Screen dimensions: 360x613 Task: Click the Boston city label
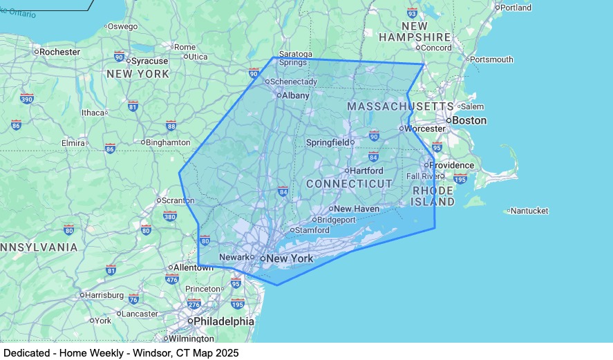point(470,120)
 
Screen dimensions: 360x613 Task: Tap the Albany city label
point(295,95)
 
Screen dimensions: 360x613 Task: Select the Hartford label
point(366,171)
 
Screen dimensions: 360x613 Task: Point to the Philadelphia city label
point(224,321)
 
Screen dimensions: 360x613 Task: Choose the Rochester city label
point(59,52)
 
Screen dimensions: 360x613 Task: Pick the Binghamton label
point(168,142)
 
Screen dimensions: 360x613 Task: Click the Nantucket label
point(530,211)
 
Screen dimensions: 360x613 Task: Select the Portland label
point(516,8)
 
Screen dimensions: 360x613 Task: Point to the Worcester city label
point(425,129)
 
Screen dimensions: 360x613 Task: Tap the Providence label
point(451,165)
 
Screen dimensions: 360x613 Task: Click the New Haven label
point(357,209)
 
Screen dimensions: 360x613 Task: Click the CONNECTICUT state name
point(349,184)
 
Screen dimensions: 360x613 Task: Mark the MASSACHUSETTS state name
point(400,106)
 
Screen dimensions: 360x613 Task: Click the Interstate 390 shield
point(27,99)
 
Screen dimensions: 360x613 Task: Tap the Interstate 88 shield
point(171,126)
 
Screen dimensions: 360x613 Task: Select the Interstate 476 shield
point(172,279)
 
